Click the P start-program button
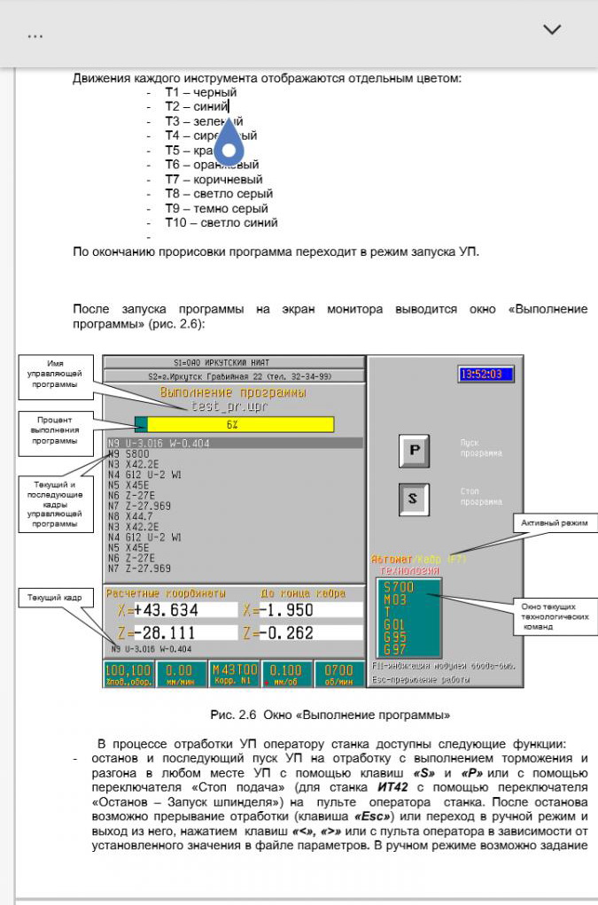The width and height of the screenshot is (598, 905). pos(413,450)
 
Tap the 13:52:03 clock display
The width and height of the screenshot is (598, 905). pos(485,375)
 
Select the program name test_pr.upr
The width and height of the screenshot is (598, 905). pos(231,406)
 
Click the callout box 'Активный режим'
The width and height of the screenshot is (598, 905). pos(554,524)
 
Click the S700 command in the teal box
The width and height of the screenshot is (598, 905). pos(399,587)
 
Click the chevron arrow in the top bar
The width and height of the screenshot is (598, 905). pos(552,29)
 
